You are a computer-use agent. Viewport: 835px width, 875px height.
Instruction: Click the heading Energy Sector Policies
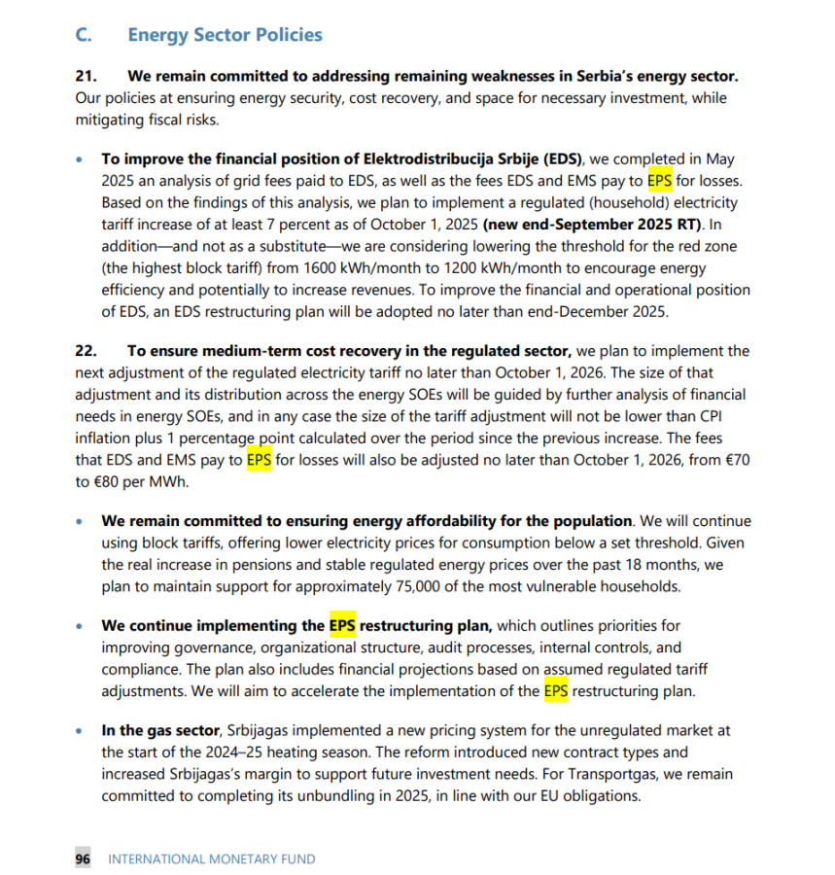(x=225, y=35)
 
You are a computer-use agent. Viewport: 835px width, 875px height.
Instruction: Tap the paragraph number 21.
(x=87, y=76)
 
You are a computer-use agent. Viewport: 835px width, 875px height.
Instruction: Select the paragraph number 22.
(x=87, y=351)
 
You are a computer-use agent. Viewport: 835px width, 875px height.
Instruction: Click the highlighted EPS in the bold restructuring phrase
(x=342, y=625)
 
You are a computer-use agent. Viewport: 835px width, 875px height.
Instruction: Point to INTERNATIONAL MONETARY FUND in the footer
(x=211, y=858)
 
